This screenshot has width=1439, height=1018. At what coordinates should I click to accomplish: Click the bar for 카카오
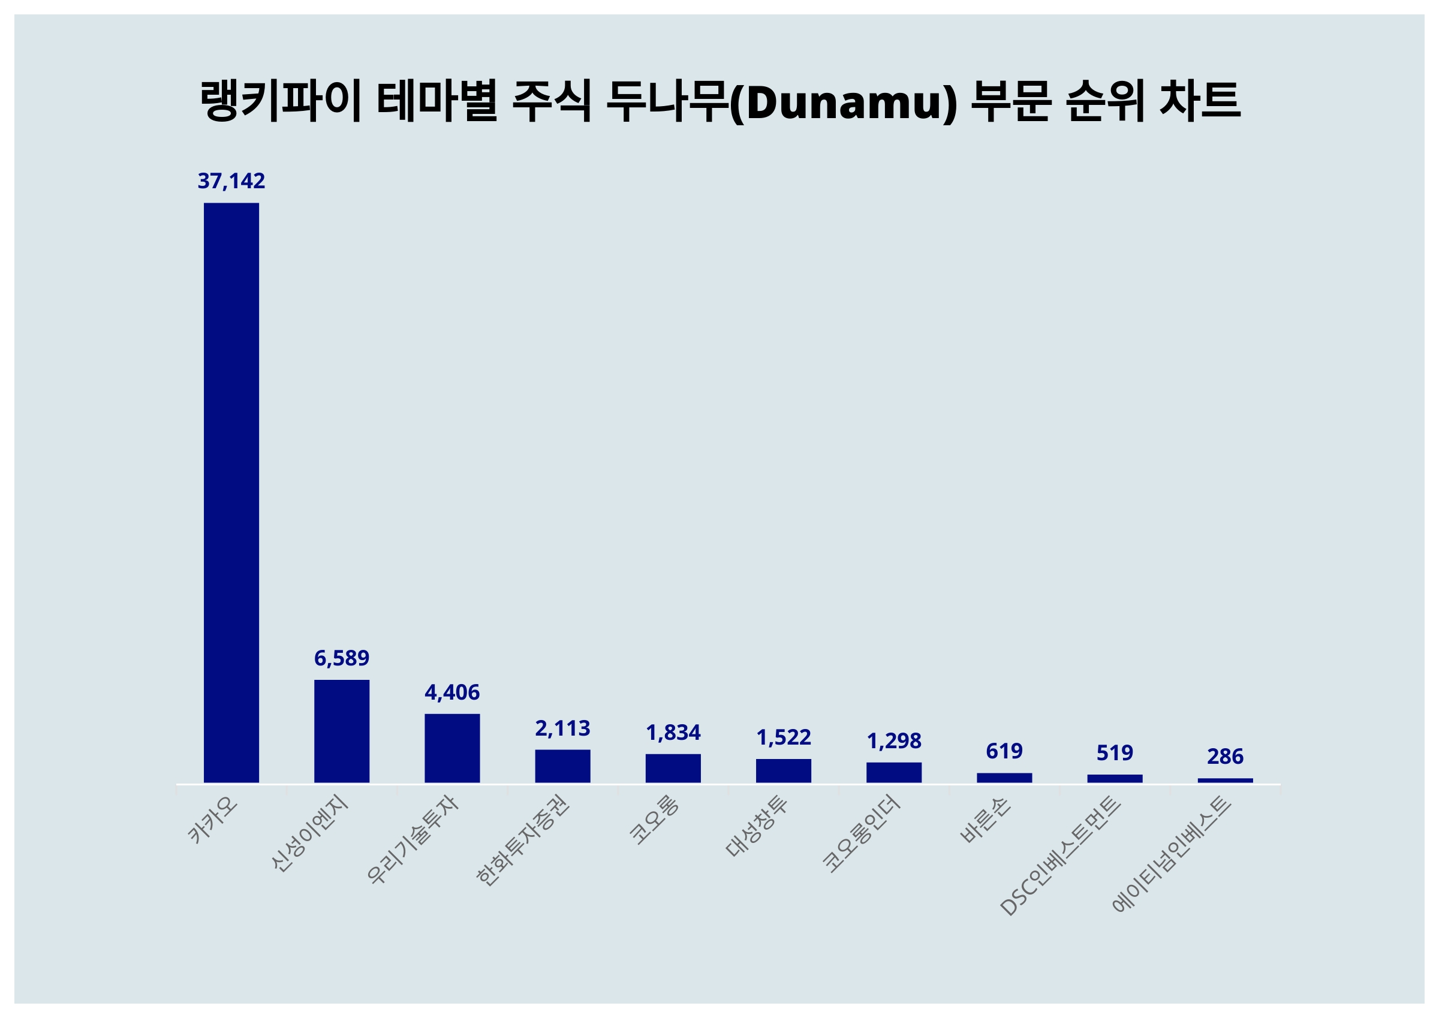click(231, 493)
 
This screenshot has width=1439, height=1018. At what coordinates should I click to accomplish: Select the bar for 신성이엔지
click(342, 731)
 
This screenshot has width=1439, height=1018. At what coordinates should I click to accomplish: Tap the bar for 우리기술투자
click(452, 748)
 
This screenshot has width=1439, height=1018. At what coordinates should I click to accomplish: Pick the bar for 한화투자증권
click(562, 766)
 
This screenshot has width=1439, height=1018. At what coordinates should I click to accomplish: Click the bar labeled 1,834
click(673, 768)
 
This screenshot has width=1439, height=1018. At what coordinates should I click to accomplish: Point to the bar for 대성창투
click(784, 770)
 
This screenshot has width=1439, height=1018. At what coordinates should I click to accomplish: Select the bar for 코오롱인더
click(894, 772)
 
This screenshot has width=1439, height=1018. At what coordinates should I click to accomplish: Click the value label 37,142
click(231, 181)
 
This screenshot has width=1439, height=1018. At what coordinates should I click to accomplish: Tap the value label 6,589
click(342, 658)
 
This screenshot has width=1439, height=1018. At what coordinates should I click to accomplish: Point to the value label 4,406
click(452, 692)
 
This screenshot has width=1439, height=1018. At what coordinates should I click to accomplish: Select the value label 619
click(1004, 751)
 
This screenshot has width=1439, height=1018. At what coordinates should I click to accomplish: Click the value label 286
click(1226, 757)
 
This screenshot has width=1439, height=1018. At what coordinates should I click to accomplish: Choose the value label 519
click(1115, 753)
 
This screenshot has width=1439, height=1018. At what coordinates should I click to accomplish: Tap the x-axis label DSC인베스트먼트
click(1060, 856)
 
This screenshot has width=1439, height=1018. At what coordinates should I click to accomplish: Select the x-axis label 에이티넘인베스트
click(1172, 855)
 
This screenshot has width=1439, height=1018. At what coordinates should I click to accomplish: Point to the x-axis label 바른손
click(985, 820)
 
